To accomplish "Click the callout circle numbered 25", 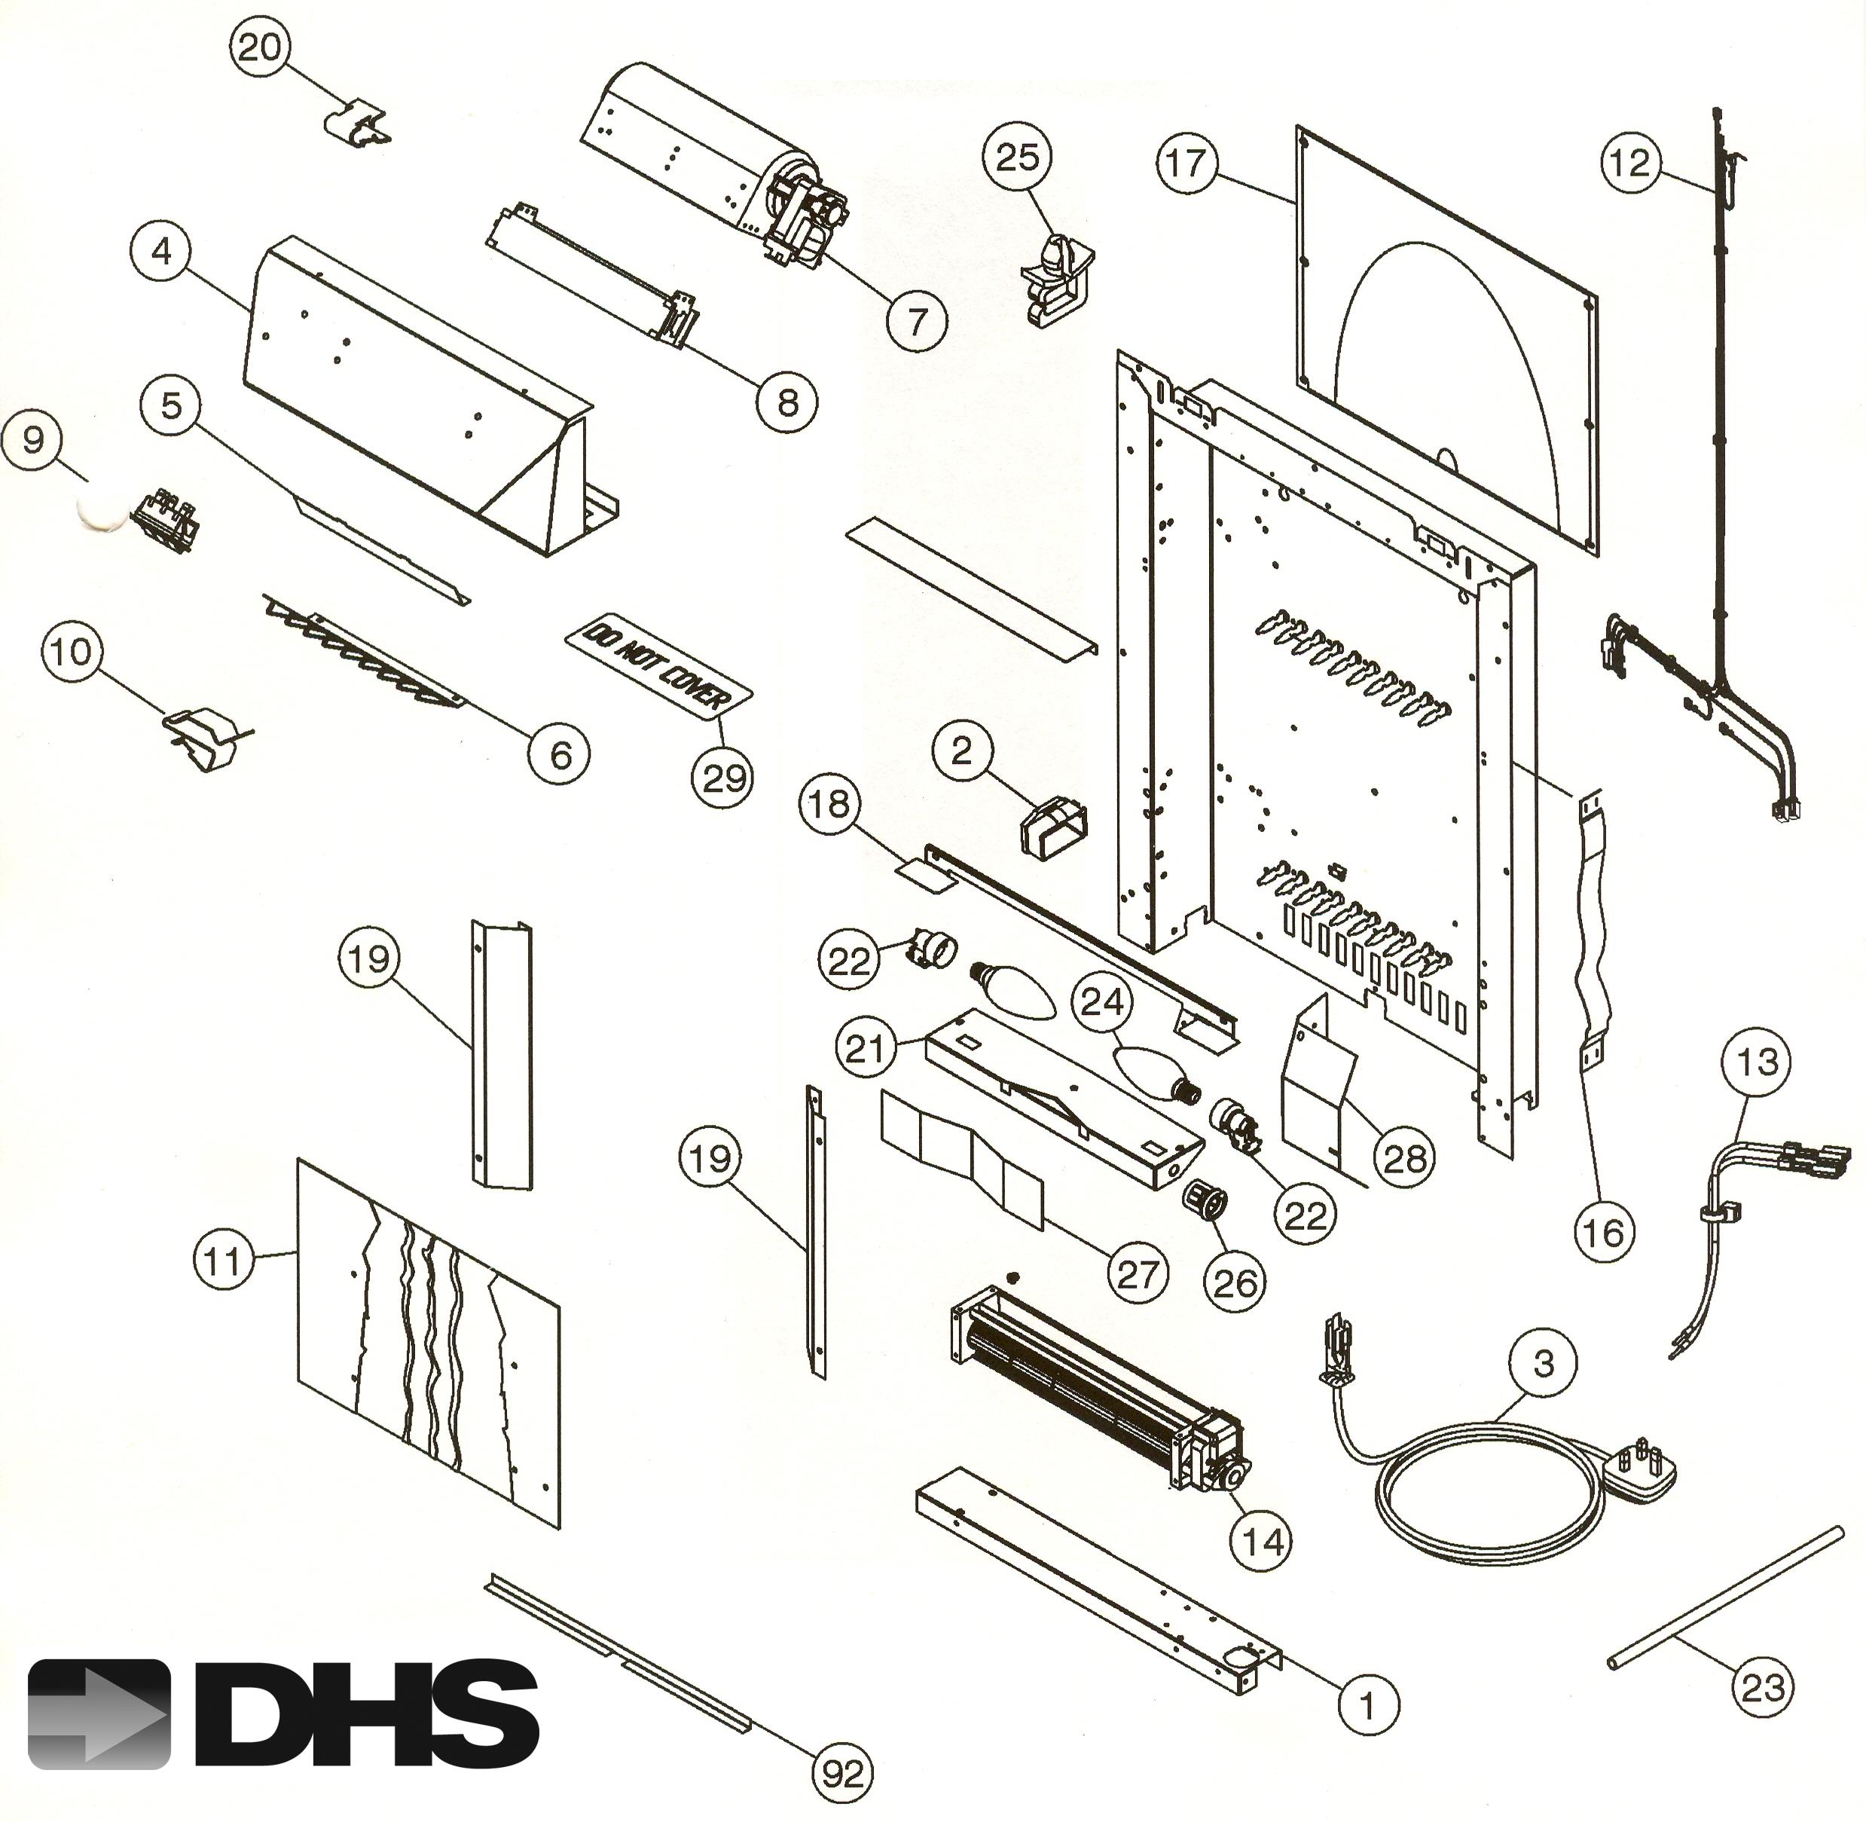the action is (x=1017, y=157).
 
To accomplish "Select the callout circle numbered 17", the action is (x=1186, y=163).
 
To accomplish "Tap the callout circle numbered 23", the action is (x=1763, y=1686).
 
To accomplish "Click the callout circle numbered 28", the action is (x=1405, y=1159).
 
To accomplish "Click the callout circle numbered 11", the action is (x=223, y=1261).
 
